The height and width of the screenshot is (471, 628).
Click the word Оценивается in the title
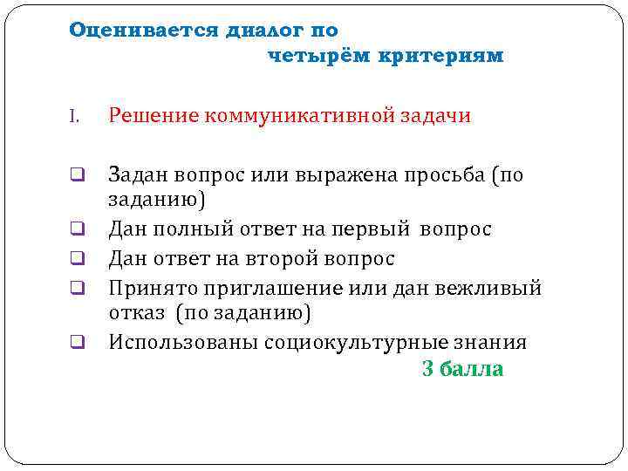click(145, 31)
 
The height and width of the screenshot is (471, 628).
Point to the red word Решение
click(153, 116)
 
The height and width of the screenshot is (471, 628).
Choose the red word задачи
click(438, 116)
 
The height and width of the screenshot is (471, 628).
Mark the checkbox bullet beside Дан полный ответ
click(77, 230)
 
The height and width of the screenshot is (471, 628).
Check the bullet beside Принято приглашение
click(77, 288)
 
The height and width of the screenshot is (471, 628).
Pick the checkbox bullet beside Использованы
click(77, 343)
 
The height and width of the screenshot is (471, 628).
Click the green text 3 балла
click(462, 369)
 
